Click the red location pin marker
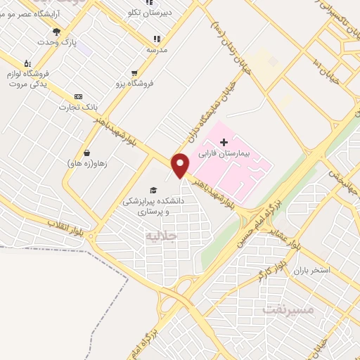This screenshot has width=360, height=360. tap(181, 165)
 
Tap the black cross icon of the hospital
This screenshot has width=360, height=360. tap(224, 143)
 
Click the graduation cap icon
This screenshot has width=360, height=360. tap(153, 190)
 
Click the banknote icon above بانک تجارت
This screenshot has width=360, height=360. tap(78, 96)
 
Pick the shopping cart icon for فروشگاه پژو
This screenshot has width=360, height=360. tap(134, 72)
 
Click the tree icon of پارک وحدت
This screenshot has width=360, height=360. tap(56, 32)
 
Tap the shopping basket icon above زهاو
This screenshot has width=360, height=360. tap(86, 153)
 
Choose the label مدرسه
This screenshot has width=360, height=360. tap(157, 50)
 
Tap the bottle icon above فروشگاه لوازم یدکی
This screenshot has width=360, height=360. tap(27, 63)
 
